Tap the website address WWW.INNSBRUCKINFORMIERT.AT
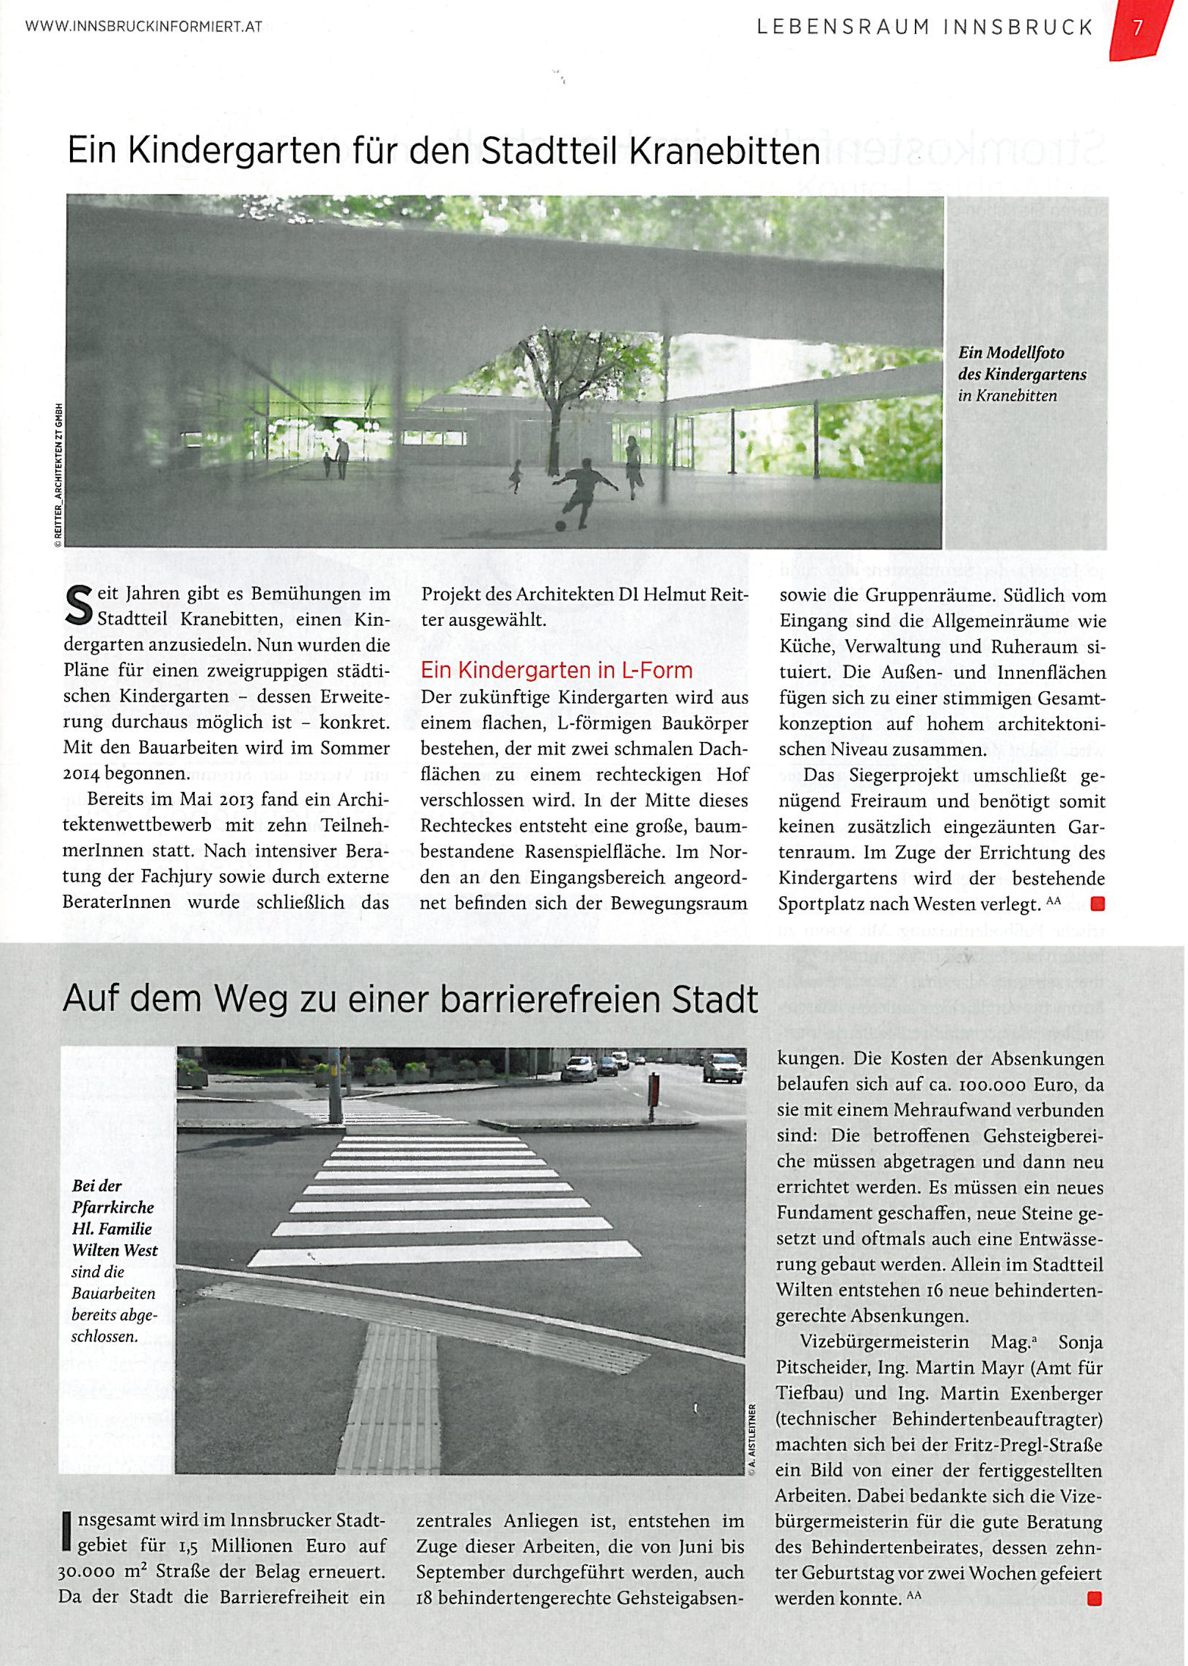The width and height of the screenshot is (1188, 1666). point(143,28)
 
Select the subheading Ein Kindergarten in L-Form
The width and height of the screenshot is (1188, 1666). point(557,670)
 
